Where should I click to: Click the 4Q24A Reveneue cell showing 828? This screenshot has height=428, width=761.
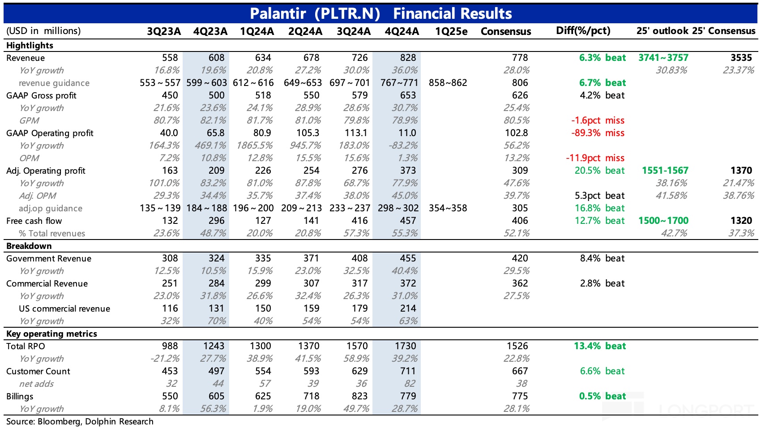408,58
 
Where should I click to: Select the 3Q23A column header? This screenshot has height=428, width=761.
164,31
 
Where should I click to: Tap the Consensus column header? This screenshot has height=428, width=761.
505,31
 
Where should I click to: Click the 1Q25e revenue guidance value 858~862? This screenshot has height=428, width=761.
448,83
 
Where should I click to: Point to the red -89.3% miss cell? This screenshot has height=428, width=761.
597,133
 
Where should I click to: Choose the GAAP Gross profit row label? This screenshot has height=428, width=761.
41,95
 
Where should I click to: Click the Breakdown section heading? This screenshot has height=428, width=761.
29,246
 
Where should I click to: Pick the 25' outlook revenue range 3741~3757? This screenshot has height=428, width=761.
663,58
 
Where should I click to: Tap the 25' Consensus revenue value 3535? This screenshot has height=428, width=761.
741,58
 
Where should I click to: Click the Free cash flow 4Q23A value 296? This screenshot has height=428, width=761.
216,221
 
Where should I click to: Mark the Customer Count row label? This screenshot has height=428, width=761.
38,371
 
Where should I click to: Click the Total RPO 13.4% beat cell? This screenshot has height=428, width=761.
599,346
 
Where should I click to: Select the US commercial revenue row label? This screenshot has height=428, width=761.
64,308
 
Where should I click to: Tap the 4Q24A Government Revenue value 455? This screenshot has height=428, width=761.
408,258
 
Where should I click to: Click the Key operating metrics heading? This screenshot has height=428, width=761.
51,334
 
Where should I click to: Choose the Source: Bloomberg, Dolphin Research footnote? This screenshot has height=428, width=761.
80,421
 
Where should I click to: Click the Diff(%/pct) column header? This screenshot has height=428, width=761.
583,31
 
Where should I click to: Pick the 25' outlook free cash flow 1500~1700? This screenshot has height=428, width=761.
663,221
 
